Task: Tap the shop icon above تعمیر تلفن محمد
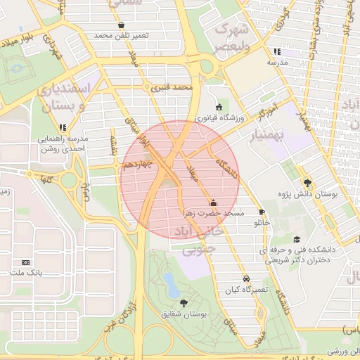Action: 102,25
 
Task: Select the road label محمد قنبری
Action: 172,89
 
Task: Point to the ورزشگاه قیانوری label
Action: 219,118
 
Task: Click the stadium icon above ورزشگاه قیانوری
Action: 219,108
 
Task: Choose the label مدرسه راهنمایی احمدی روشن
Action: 61,144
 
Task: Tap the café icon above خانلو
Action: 262,212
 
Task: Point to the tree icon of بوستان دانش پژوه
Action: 307,182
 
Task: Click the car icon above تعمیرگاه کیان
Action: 245,278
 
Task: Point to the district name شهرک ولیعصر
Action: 231,39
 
